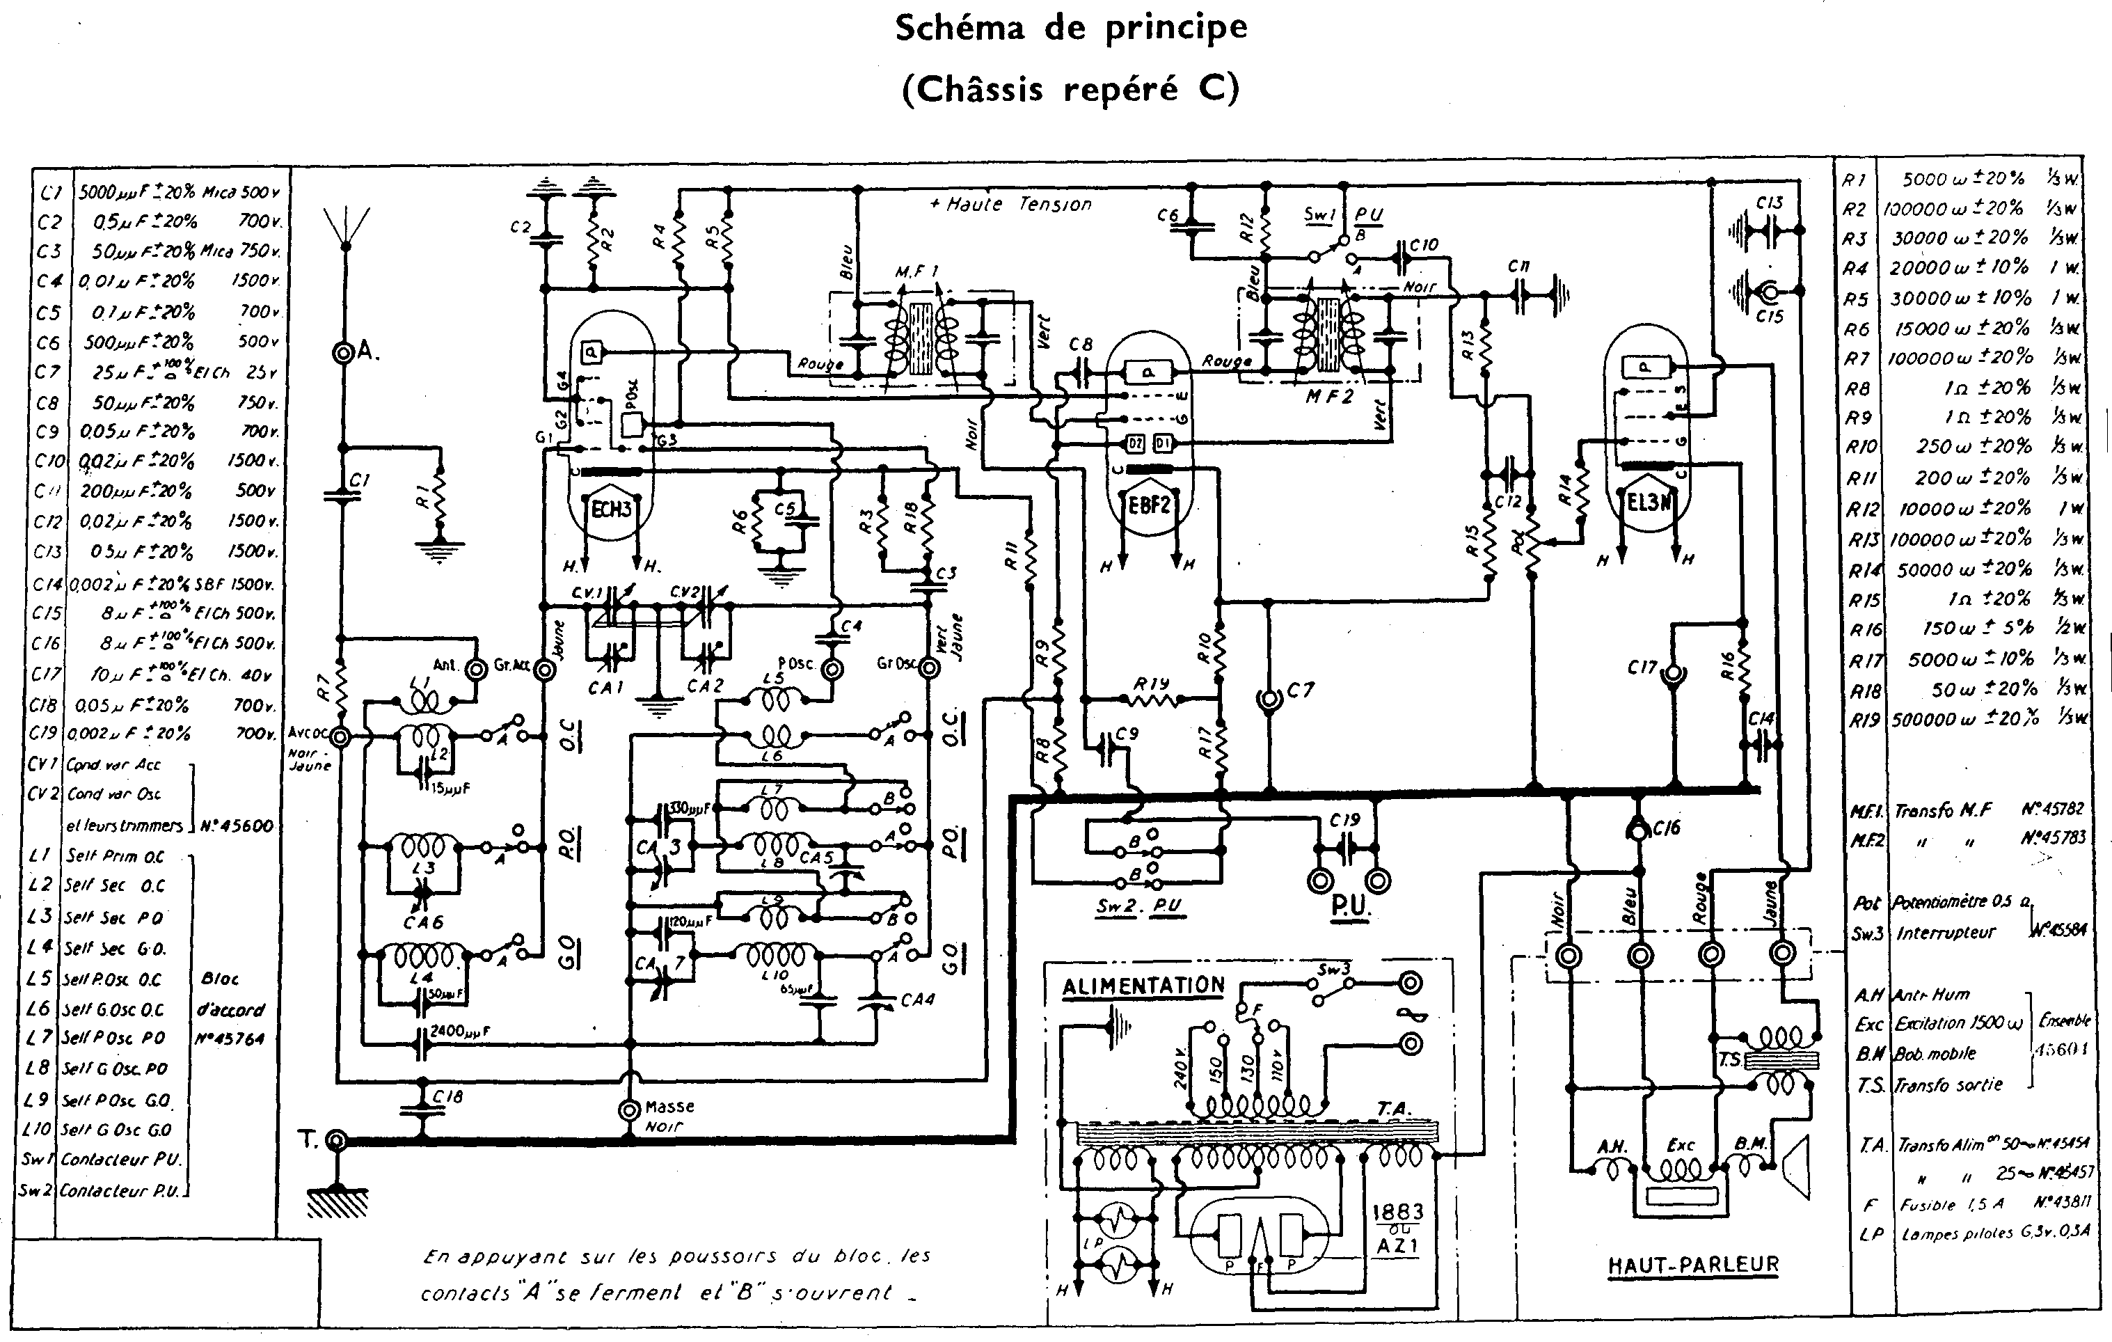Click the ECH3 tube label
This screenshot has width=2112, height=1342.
(x=611, y=510)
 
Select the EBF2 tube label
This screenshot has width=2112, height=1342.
(x=1149, y=503)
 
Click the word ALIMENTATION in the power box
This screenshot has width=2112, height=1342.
(x=1143, y=986)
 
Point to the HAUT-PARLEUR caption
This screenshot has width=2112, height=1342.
(x=1693, y=1264)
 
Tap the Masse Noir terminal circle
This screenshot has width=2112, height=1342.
(x=629, y=1110)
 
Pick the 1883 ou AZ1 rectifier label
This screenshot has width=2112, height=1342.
(x=1397, y=1228)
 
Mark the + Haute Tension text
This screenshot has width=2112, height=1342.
(x=1010, y=205)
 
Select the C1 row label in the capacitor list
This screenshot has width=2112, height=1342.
(x=50, y=191)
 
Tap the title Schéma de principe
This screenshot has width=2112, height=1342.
(x=1071, y=28)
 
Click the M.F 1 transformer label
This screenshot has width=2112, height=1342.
(x=916, y=273)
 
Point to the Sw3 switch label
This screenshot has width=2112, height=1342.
(x=1334, y=969)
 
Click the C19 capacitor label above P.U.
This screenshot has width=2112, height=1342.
(x=1344, y=819)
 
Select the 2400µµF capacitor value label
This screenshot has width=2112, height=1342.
(x=459, y=1032)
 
